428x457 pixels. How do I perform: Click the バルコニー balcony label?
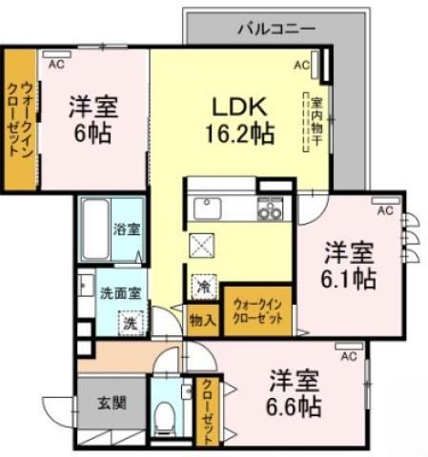(275, 29)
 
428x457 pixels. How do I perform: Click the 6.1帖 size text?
(348, 279)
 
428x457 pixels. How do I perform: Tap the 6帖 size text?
(92, 131)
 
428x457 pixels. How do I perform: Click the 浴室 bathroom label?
(127, 228)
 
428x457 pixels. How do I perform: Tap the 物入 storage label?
(202, 320)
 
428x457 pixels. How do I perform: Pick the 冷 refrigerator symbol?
(203, 285)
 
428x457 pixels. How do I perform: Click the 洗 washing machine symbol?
(130, 322)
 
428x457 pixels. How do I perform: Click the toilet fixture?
(165, 414)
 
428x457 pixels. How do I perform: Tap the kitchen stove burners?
(271, 209)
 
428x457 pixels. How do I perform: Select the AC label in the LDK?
(301, 66)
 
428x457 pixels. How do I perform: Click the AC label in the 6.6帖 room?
(348, 356)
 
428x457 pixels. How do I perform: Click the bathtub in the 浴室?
(95, 229)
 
